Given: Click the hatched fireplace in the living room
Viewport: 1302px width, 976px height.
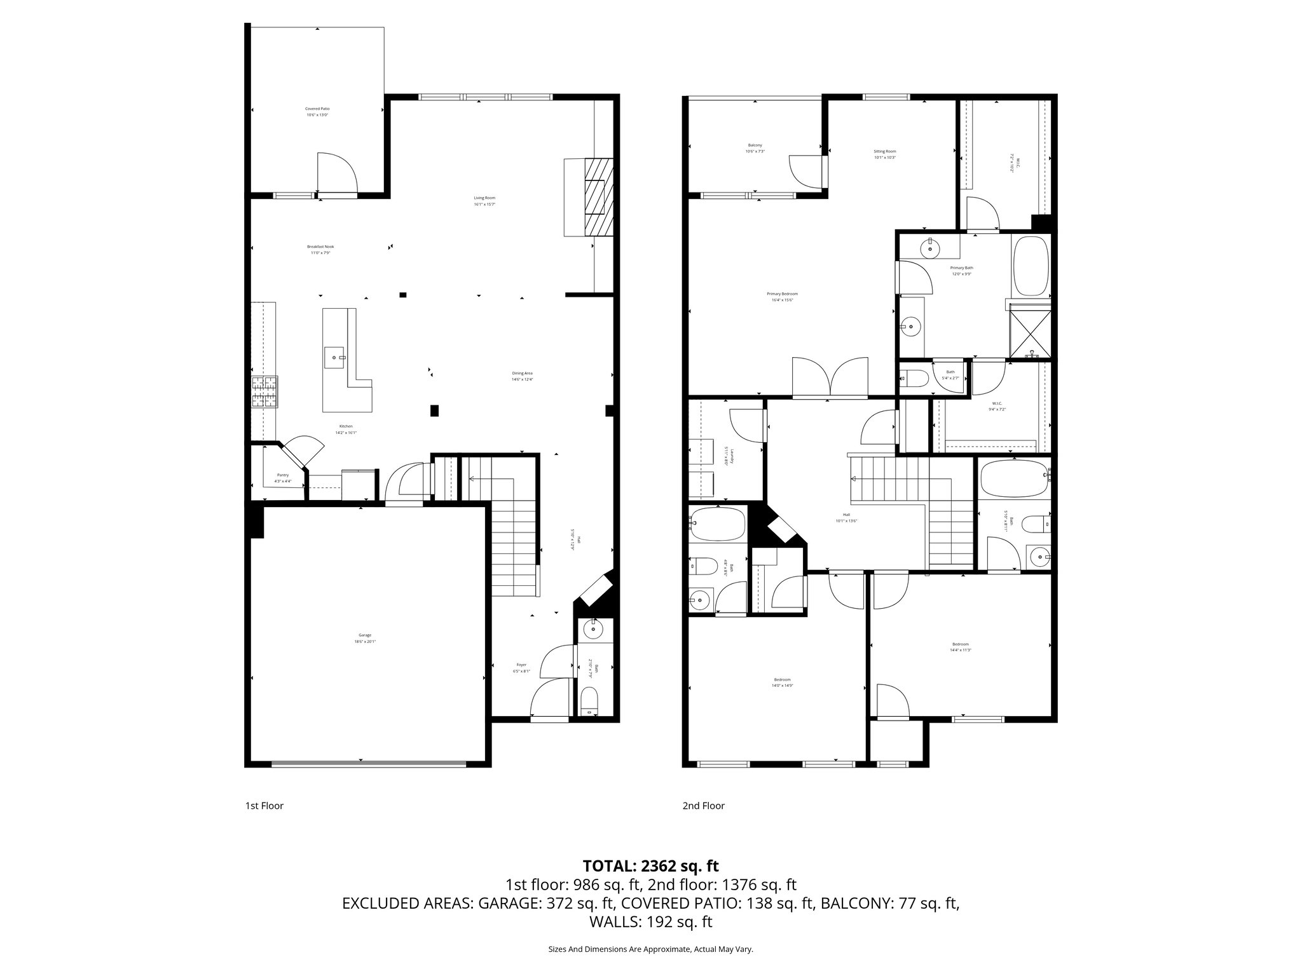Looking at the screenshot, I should coord(599,197).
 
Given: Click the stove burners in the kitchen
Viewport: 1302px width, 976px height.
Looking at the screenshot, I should coord(265,391).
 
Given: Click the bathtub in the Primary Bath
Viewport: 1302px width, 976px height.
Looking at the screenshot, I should coord(1030,266).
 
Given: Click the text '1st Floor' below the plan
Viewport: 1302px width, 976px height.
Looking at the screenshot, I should coord(264,806).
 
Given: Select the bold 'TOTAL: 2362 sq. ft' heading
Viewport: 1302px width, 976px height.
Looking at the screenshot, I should coord(650,865).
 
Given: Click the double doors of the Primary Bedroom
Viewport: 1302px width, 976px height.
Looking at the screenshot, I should coord(830,377).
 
